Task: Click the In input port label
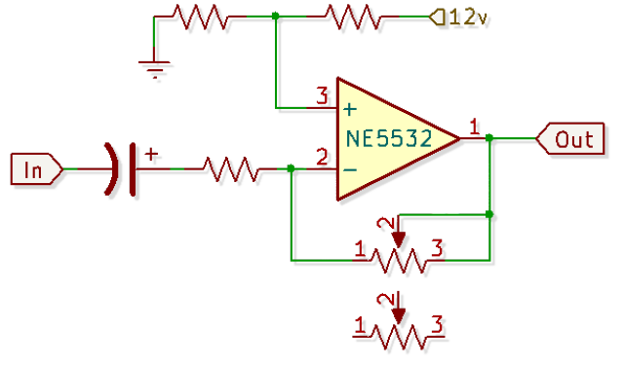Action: pyautogui.click(x=36, y=169)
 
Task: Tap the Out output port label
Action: pyautogui.click(x=570, y=138)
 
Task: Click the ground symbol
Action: pyautogui.click(x=154, y=68)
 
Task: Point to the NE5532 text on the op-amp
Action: pyautogui.click(x=389, y=138)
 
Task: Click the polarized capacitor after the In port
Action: pyautogui.click(x=120, y=169)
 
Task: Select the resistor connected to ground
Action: pyautogui.click(x=200, y=18)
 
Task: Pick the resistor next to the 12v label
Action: pyautogui.click(x=352, y=18)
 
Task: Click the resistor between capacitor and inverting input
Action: pyautogui.click(x=230, y=169)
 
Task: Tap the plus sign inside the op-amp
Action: pyautogui.click(x=350, y=109)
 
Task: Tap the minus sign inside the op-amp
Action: pyautogui.click(x=350, y=170)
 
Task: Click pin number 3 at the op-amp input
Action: pyautogui.click(x=322, y=95)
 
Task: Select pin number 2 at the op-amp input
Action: pyautogui.click(x=322, y=157)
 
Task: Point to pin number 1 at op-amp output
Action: pyautogui.click(x=474, y=128)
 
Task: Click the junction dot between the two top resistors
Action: pyautogui.click(x=275, y=17)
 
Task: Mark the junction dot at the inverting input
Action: pyautogui.click(x=291, y=168)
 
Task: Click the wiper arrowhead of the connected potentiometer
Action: pyautogui.click(x=399, y=240)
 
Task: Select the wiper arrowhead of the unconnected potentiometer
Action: pyautogui.click(x=399, y=316)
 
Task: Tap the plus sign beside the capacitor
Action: pyautogui.click(x=151, y=154)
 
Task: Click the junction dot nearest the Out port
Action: pyautogui.click(x=489, y=138)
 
